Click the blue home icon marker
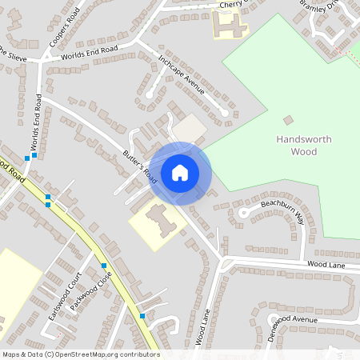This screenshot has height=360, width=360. pos(180,173)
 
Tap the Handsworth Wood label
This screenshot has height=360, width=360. pos(303,145)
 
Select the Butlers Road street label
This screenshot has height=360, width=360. pos(139,166)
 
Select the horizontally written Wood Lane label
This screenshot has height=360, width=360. pos(326,263)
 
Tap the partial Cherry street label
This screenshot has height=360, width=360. pos(230,5)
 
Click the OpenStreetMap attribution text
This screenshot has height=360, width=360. pos(80,354)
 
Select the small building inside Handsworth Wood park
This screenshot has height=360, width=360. pos(288,120)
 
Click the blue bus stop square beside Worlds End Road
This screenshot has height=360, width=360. pos(27,158)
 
